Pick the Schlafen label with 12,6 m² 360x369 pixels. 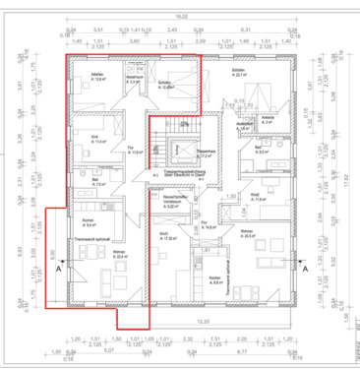click(x=165, y=85)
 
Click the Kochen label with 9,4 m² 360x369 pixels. click(x=89, y=222)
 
